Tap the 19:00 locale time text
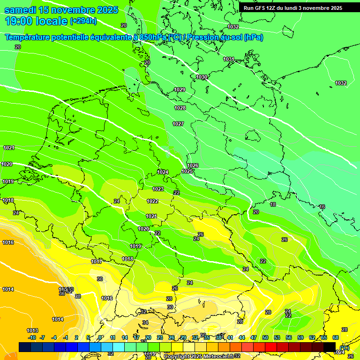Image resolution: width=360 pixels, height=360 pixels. point(36,21)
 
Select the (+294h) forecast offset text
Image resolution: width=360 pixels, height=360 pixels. point(83,21)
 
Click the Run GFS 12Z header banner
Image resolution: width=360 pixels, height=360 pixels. point(293,8)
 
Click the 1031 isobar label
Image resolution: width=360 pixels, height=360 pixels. point(228,59)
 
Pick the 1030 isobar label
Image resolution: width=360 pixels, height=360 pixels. point(202,77)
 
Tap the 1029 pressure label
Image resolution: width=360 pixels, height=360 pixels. point(180,90)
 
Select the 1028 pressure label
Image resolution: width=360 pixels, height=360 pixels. point(180,108)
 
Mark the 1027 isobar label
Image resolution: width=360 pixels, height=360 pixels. point(178,124)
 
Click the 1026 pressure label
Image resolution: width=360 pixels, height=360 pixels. point(193,165)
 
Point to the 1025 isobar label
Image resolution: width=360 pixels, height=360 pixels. point(187,171)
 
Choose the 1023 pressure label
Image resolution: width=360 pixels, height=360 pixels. point(158,189)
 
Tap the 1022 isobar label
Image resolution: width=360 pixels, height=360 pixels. point(152,201)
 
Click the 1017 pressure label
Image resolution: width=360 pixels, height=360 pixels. point(97,262)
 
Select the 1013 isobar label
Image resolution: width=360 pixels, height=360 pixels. point(32,330)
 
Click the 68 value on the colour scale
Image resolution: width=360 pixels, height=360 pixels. point(336,337)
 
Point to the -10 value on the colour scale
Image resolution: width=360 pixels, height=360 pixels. point(32,337)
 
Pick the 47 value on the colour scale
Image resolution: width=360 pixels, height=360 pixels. point(254,337)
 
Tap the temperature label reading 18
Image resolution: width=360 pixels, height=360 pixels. point(273,204)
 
